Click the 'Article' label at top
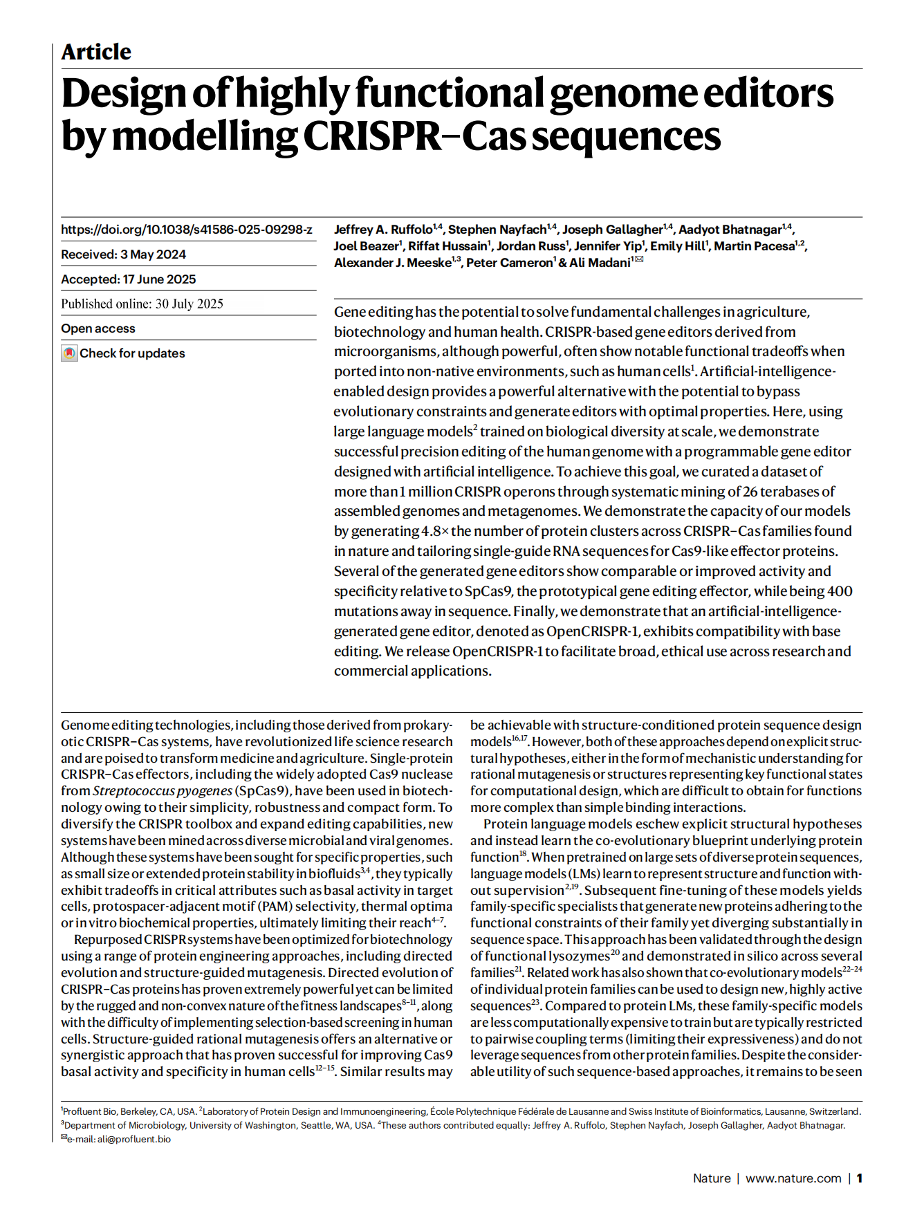95,52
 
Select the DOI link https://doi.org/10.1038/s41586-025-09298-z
186,230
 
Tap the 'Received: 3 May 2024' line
123,254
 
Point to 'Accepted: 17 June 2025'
128,279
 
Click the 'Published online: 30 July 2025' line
142,304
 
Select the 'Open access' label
98,328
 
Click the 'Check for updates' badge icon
69,353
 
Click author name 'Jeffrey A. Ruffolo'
382,230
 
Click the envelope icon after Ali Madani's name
639,259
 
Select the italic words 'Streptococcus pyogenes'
163,791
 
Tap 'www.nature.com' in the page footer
793,1178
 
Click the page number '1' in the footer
859,1178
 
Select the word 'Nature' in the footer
711,1178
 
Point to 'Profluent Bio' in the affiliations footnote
89,1111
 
